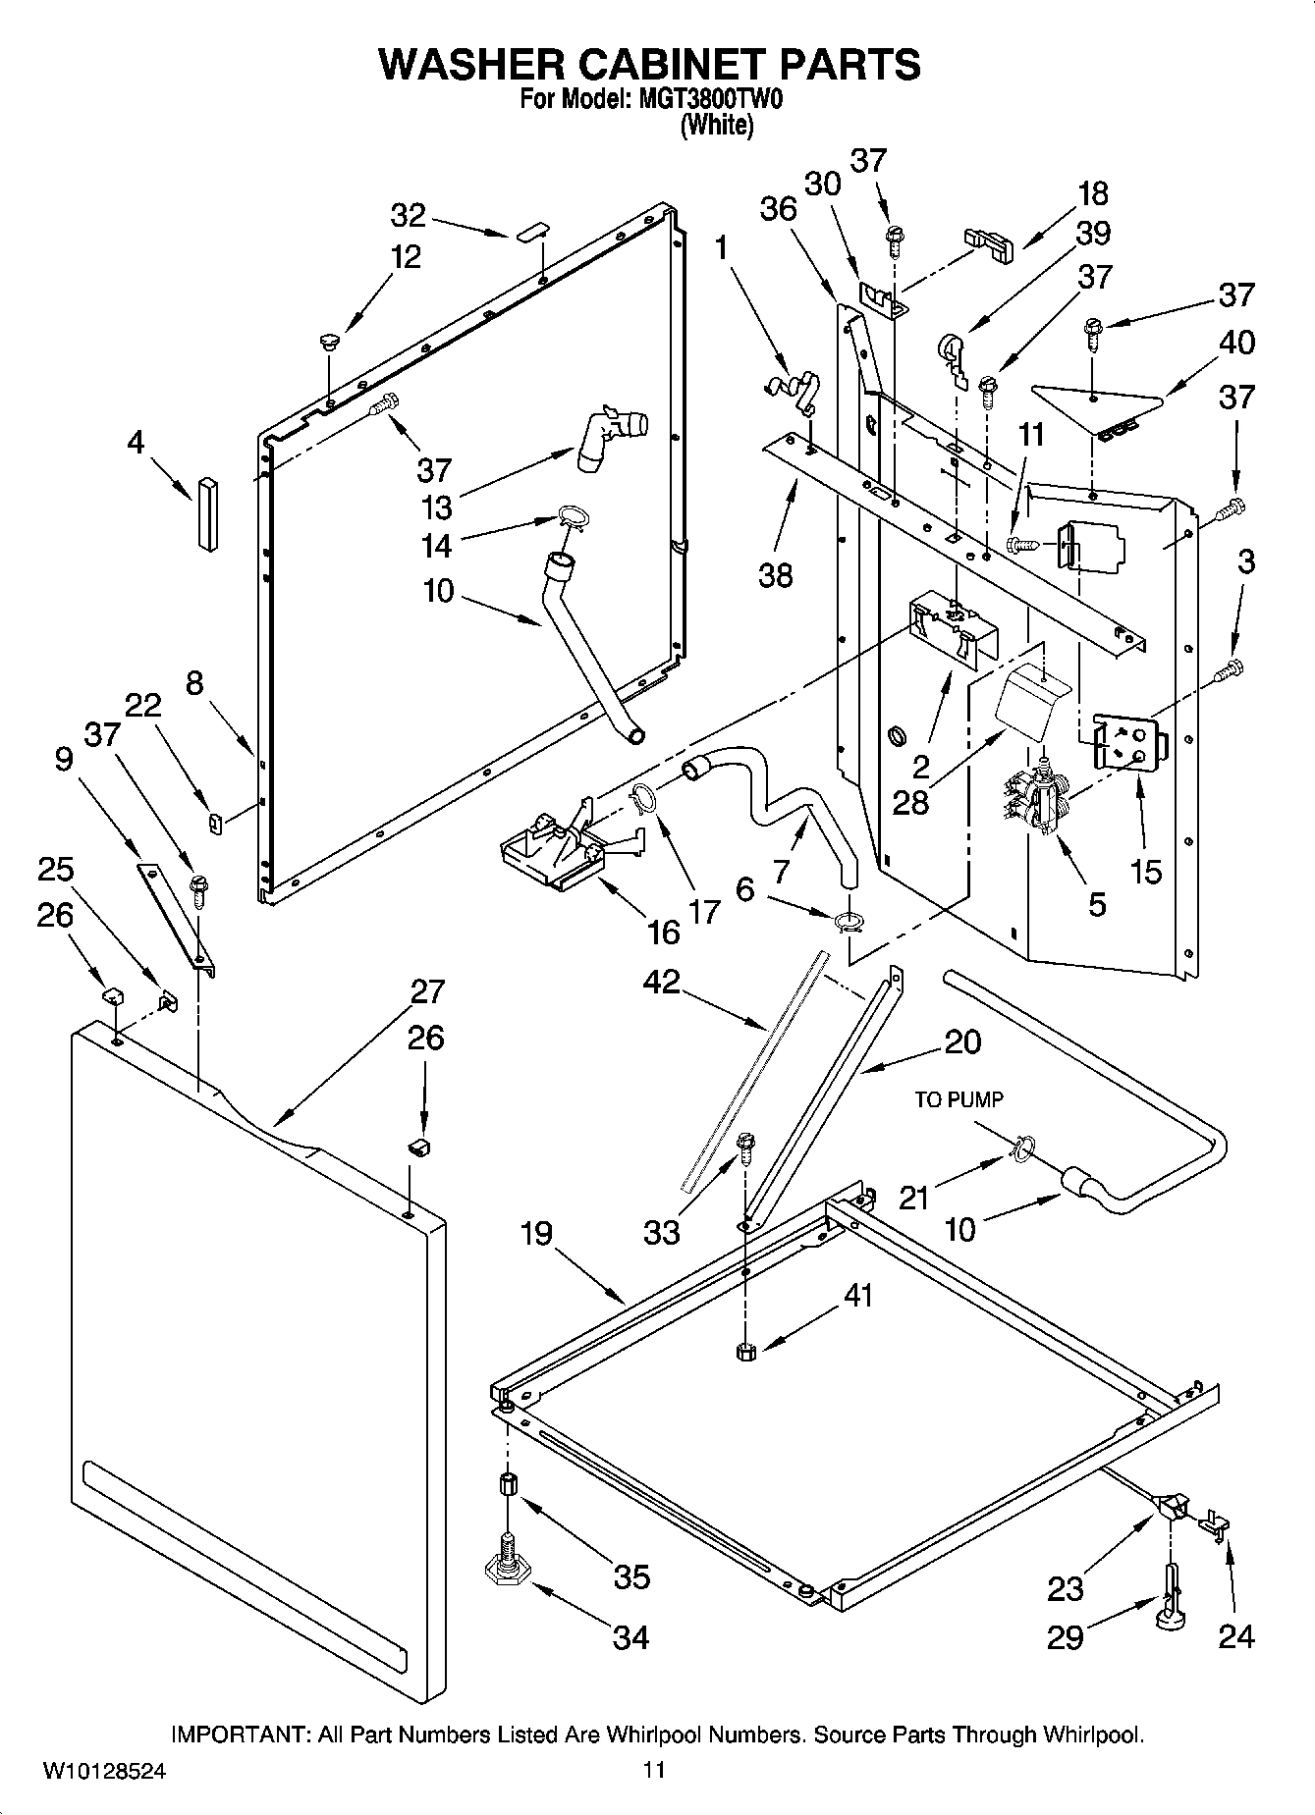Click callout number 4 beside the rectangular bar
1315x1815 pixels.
click(136, 443)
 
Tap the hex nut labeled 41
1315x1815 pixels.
click(743, 1352)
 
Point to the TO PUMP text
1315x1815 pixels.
click(959, 1099)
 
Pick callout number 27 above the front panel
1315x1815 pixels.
click(427, 991)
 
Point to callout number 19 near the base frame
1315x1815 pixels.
click(537, 1234)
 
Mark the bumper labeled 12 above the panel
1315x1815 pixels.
click(329, 342)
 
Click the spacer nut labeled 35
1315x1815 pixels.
click(508, 1484)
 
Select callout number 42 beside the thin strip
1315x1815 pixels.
click(661, 981)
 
